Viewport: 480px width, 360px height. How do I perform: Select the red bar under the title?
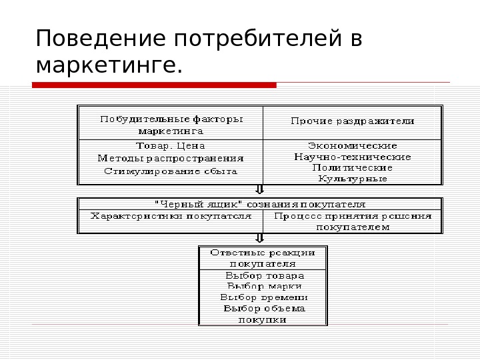[154, 85]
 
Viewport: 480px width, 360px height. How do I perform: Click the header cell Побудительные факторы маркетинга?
[171, 125]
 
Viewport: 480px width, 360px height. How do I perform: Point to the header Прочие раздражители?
[353, 121]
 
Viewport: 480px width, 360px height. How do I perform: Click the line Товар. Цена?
[171, 145]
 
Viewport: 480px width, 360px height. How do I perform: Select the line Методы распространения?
[171, 159]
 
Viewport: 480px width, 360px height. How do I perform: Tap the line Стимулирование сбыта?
[171, 171]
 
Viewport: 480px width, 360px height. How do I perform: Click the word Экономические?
[353, 145]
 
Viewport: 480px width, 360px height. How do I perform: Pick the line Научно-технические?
[353, 157]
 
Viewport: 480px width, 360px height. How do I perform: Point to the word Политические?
[353, 167]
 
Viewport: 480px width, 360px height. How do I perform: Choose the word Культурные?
[353, 179]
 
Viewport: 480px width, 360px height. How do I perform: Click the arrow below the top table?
[260, 191]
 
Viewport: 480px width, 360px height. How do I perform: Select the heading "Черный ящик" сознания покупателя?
[260, 204]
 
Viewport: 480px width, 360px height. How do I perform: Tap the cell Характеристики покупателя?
[171, 216]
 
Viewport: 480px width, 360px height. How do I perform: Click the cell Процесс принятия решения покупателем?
[353, 221]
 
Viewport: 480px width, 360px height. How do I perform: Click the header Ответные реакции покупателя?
[263, 258]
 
